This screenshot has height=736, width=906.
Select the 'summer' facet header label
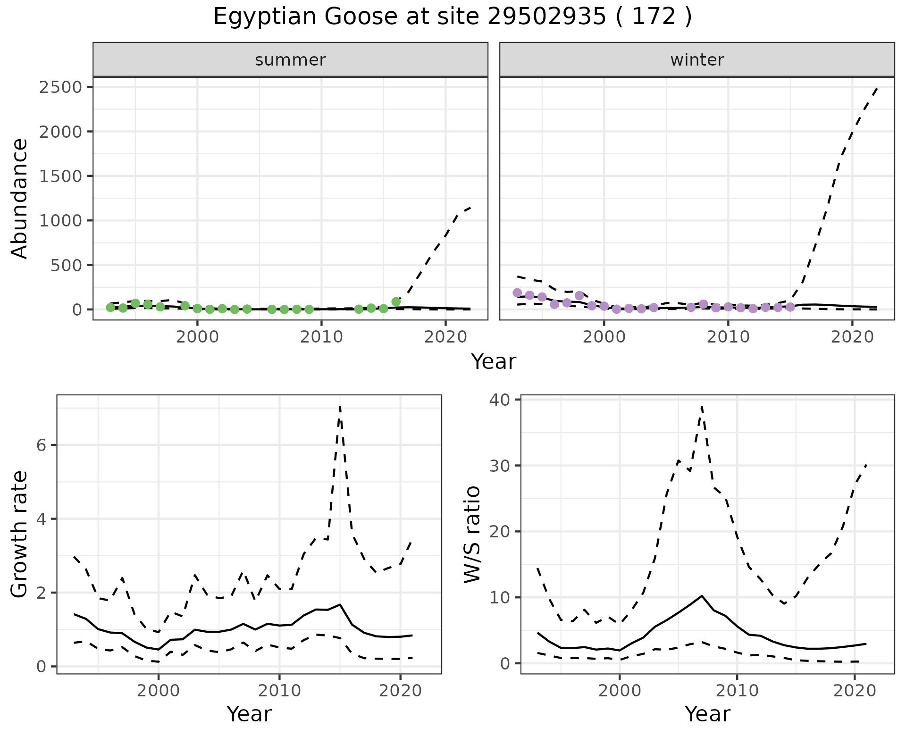coord(290,60)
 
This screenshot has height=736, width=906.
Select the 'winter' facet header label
coord(697,60)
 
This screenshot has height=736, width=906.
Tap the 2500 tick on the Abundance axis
coord(60,87)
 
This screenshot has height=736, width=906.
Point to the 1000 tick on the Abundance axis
coord(60,220)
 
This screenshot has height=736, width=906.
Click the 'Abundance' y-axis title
coord(20,198)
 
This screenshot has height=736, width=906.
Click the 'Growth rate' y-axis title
coord(20,534)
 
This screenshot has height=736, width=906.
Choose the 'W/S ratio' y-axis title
coord(472,534)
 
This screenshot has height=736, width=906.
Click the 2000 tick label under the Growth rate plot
coord(159,692)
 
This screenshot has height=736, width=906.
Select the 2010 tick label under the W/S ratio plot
coord(737,692)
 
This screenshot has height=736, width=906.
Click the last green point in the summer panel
coord(396,301)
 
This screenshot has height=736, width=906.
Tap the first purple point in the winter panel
coord(517,293)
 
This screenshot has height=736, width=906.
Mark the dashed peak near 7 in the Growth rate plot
coord(340,407)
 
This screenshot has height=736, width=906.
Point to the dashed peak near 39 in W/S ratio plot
coord(702,406)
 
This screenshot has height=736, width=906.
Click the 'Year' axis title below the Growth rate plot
coord(249,714)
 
